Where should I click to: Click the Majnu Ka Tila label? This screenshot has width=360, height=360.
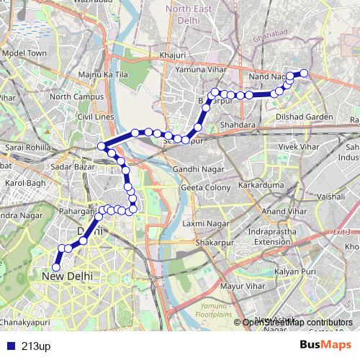[x=103, y=74]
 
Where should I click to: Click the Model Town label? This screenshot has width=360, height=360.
[x=24, y=53]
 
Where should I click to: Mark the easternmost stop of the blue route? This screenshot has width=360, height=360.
[x=304, y=73]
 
